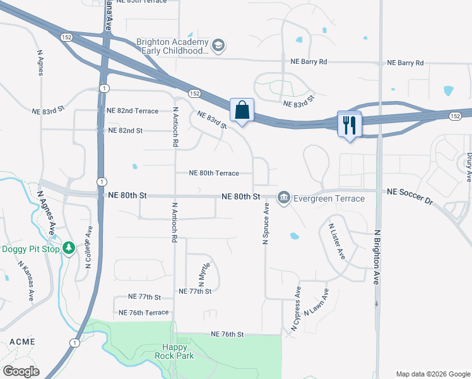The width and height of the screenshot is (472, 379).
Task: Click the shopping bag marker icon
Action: click(x=242, y=111)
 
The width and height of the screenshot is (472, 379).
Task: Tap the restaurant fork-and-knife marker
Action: click(x=349, y=124)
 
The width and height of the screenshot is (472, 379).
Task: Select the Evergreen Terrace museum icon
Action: click(x=284, y=198)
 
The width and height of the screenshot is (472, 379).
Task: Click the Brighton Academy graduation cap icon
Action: click(x=218, y=45)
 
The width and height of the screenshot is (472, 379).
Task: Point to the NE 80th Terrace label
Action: click(x=215, y=173)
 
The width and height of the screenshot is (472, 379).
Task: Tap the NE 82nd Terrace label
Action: click(x=133, y=111)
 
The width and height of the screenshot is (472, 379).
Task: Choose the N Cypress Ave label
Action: click(x=296, y=308)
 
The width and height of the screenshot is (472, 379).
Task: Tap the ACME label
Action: click(x=22, y=342)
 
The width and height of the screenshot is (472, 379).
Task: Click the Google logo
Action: click(x=21, y=371)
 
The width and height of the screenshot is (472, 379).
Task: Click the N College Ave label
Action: click(x=89, y=249)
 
